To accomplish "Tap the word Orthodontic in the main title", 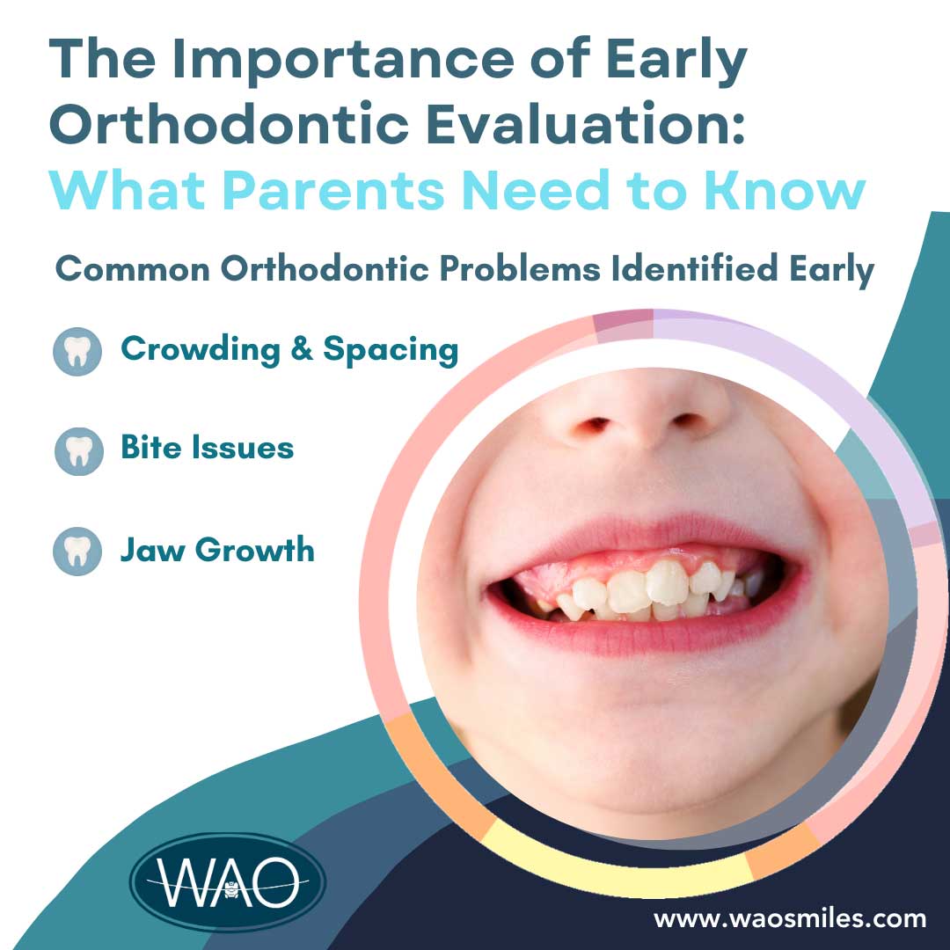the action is point(230,124).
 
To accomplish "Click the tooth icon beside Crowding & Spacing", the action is point(77,351).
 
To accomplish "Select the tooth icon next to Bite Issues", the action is point(79,451).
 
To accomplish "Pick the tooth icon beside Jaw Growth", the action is point(77,551).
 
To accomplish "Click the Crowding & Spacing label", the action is point(289,350).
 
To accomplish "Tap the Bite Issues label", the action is point(208,448).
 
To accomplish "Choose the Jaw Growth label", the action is point(217,550).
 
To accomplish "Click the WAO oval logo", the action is point(228,882).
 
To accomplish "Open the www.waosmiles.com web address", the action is point(790,918).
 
